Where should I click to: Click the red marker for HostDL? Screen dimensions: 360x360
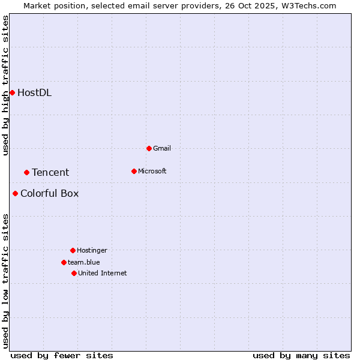click(x=12, y=92)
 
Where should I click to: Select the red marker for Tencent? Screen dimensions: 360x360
click(x=26, y=172)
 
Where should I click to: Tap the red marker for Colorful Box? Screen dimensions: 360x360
click(x=15, y=193)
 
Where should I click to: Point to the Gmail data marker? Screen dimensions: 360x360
click(x=149, y=148)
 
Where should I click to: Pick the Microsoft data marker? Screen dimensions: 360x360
click(x=134, y=171)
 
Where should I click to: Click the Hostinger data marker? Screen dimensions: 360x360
click(x=73, y=250)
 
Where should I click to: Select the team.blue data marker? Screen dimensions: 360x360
click(x=64, y=262)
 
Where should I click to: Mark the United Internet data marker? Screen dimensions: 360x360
click(x=74, y=273)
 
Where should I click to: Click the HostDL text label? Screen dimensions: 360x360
click(x=34, y=92)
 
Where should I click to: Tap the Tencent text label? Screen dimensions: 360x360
click(x=50, y=172)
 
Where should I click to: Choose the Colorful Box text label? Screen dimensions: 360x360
click(x=49, y=193)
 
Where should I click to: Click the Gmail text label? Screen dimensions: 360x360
click(x=162, y=148)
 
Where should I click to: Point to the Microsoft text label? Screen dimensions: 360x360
click(x=152, y=171)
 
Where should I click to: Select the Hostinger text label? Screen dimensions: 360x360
click(x=92, y=250)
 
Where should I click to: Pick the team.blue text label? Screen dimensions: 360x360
click(x=84, y=262)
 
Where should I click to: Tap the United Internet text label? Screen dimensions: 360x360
click(x=102, y=273)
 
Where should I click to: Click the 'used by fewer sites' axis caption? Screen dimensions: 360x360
click(x=62, y=355)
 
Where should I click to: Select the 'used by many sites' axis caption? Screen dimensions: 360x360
click(x=301, y=355)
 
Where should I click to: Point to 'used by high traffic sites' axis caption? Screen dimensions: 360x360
click(x=5, y=85)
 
